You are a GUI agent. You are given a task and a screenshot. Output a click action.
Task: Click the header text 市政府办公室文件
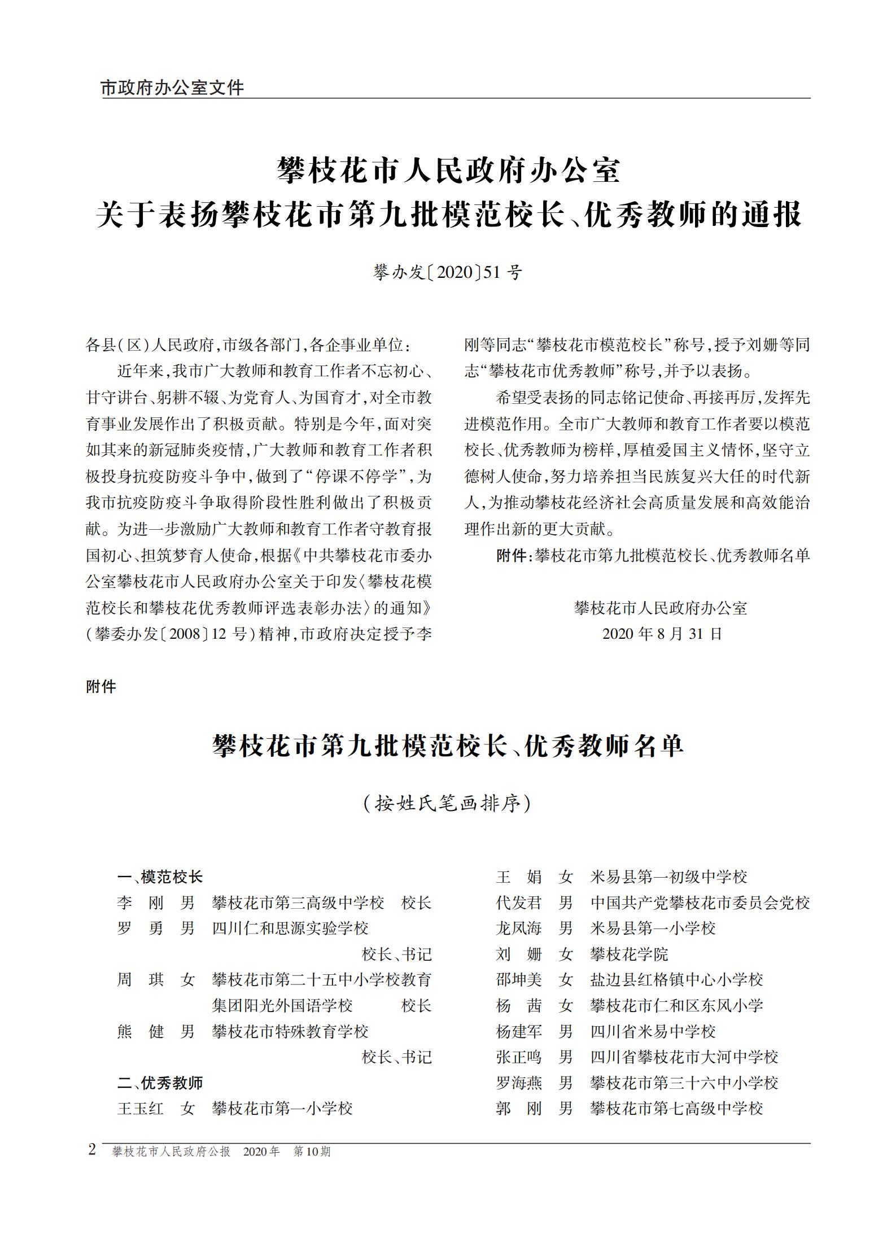tap(172, 88)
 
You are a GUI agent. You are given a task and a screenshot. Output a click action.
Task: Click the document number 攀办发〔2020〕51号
tap(448, 273)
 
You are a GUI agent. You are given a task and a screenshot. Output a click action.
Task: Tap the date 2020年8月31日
tap(662, 634)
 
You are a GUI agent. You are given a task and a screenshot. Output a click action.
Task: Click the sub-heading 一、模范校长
tap(160, 877)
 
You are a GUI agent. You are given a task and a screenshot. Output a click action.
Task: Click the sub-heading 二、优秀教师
tap(160, 1083)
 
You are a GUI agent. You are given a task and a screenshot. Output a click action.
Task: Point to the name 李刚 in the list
tap(140, 903)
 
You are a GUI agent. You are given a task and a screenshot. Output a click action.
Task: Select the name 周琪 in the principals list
tap(140, 979)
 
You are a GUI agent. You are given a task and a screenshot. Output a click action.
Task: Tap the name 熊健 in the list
tap(140, 1031)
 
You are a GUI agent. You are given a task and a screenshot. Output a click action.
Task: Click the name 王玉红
tap(140, 1108)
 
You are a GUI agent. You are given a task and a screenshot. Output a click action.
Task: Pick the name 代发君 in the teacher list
tap(518, 903)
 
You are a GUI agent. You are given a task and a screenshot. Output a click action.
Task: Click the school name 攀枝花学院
tap(629, 954)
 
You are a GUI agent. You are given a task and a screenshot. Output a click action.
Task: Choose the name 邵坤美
tap(518, 979)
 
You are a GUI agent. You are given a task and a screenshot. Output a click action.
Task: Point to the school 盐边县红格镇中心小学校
tap(676, 979)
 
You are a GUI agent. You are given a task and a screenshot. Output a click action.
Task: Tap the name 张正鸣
tap(518, 1057)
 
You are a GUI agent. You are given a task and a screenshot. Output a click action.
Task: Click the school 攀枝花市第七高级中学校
tap(676, 1108)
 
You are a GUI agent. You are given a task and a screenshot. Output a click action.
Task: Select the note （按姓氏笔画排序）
tap(448, 803)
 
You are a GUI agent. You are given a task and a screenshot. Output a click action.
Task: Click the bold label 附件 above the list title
tap(101, 687)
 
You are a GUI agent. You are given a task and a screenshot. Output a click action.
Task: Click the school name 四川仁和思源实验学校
tap(290, 928)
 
